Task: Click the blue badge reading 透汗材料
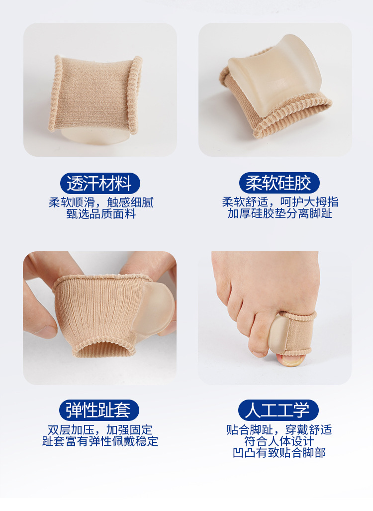click(100, 183)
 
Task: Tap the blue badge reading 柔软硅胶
click(279, 183)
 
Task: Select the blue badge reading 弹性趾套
click(100, 410)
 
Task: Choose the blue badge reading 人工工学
click(279, 410)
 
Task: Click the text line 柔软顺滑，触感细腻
click(101, 203)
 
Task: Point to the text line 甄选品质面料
click(101, 214)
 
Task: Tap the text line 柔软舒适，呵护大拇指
click(280, 202)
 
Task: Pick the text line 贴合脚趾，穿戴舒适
click(279, 429)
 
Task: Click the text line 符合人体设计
click(279, 441)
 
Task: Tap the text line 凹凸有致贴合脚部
click(279, 453)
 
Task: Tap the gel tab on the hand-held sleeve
click(157, 308)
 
